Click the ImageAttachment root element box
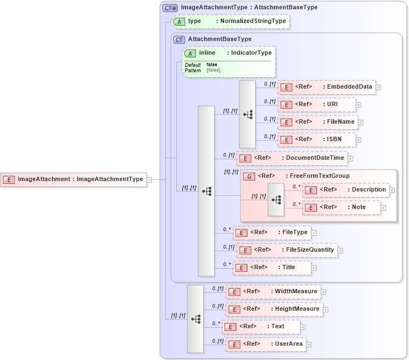tap(74, 179)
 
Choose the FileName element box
tap(318, 122)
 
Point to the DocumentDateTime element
tap(292, 158)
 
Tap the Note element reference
tap(341, 207)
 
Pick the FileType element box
tap(272, 233)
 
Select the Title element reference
tap(272, 268)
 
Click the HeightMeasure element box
tap(274, 309)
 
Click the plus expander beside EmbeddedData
tap(378, 88)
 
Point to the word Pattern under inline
tap(193, 71)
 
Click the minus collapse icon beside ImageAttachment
tap(149, 179)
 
